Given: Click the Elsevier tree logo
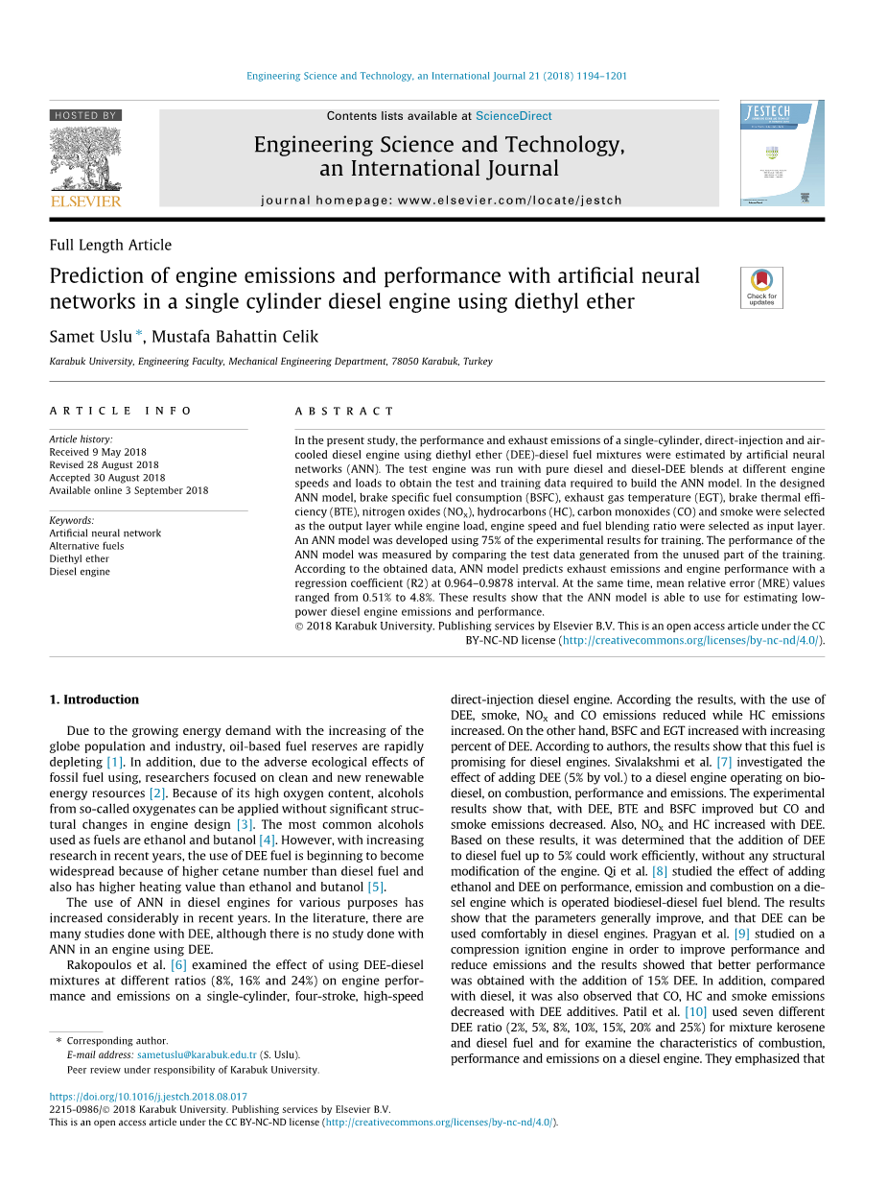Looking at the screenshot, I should coord(85,158).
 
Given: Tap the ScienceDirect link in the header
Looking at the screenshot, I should coord(513,116).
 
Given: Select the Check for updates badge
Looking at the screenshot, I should coord(761,287).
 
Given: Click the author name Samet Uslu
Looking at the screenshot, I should coord(91,337).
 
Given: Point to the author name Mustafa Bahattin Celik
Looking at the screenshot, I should coord(235,337).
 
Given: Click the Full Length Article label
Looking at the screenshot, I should coord(110,245).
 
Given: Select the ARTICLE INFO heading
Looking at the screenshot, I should coord(121,411).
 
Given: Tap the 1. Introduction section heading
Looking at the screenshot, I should coord(94,699).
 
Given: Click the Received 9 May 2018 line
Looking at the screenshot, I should coord(98,452).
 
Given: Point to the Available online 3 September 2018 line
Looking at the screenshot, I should coord(128,490).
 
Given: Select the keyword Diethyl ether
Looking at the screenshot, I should coord(80,558).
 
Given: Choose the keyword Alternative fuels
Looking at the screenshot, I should coord(86,546).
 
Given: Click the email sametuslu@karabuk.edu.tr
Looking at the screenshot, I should coord(197,1054).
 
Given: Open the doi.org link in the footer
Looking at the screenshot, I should coord(148,1097).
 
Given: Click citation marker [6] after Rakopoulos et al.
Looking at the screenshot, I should coord(178,964).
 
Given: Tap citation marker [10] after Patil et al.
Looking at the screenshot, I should coord(695,1011).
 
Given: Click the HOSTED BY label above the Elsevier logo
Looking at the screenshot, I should coord(85,115).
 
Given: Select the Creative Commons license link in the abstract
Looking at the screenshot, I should coord(690,640).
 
